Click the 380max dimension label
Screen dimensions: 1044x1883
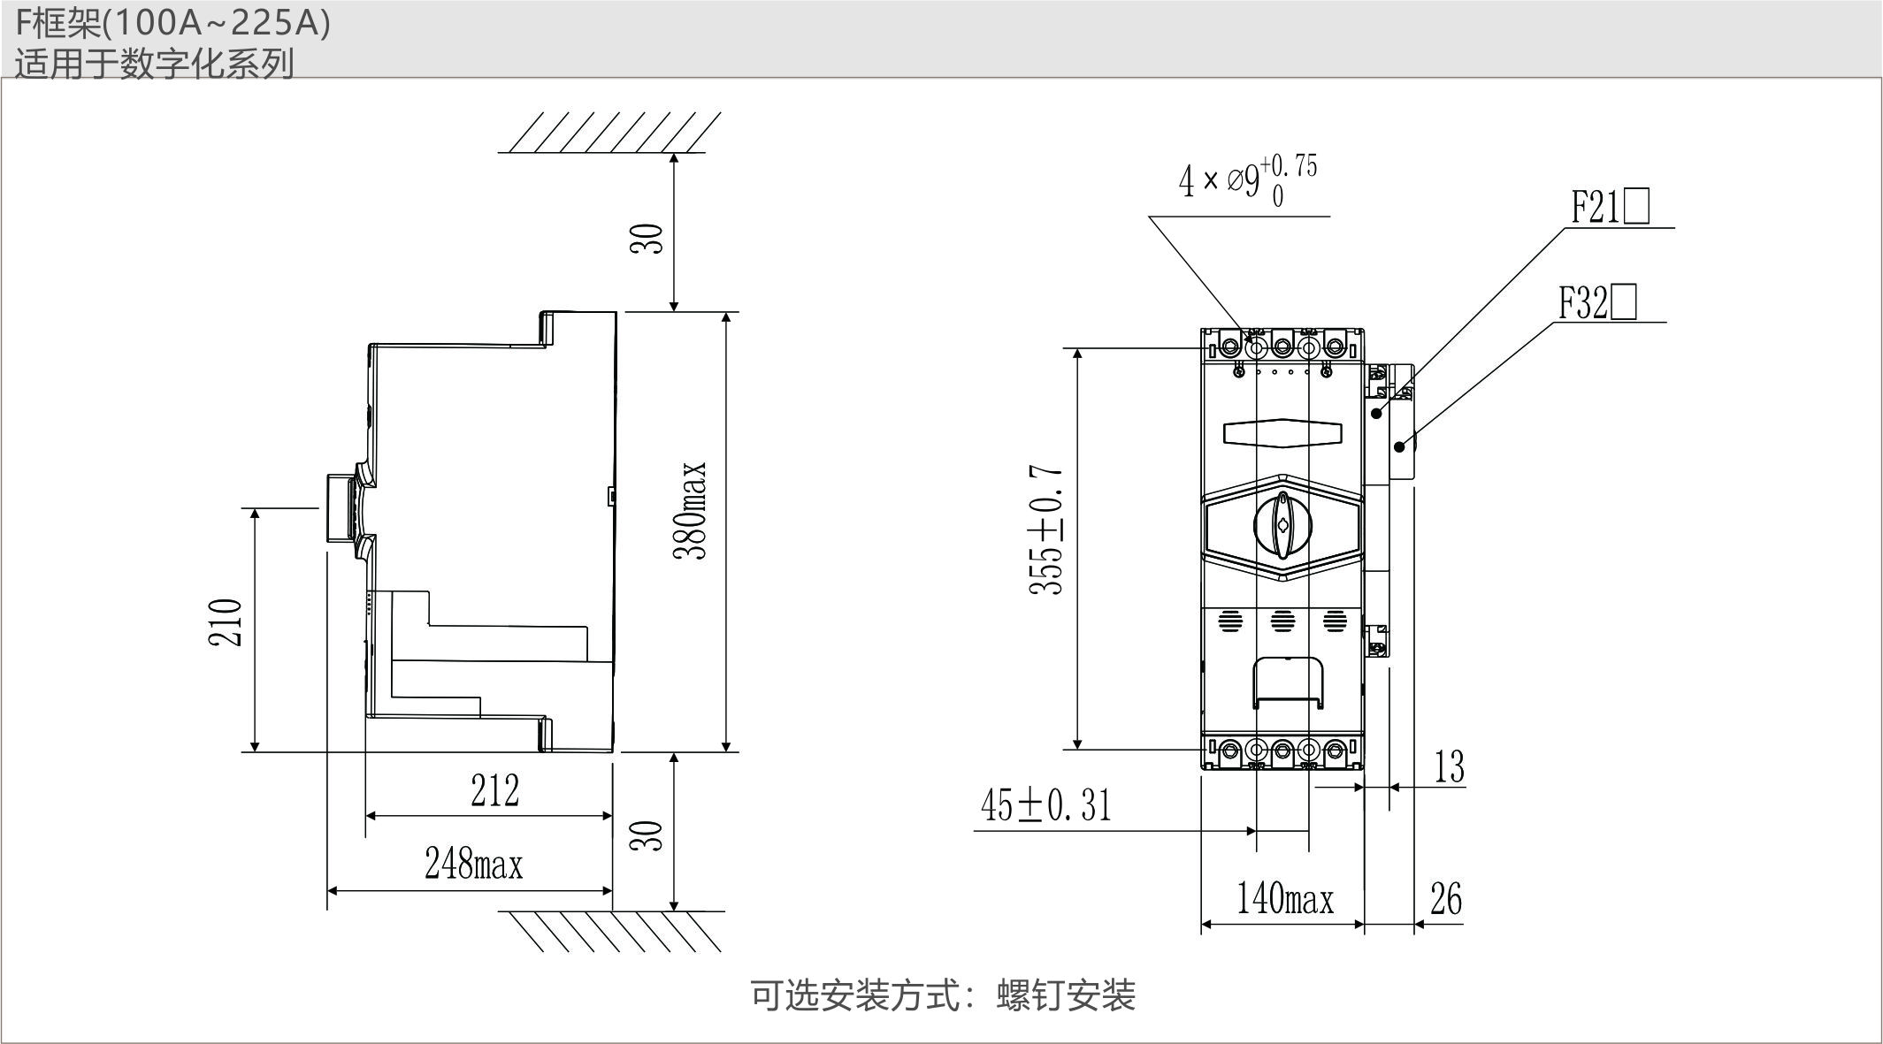691,510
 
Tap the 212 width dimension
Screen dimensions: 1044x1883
494,791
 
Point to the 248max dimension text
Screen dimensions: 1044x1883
473,864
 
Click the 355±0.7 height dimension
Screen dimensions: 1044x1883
1046,530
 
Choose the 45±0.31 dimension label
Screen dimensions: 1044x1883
1045,806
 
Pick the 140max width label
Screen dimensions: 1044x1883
1284,899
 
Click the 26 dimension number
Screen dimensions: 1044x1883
1446,899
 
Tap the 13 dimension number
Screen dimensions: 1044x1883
1449,766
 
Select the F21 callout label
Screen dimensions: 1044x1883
1610,208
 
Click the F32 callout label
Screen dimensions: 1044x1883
1596,302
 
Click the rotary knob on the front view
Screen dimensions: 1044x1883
1282,525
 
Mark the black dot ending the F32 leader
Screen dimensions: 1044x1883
1399,446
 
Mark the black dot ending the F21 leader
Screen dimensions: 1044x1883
1376,413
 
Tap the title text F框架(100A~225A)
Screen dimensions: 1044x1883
173,23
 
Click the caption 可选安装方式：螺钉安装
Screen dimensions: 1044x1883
943,995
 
